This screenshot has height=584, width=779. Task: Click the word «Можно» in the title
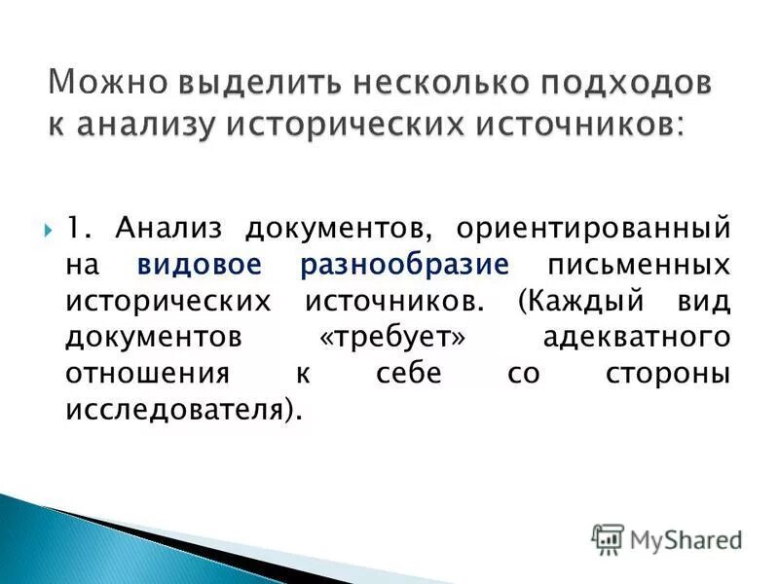click(x=109, y=84)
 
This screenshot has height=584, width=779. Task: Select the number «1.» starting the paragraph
click(x=80, y=229)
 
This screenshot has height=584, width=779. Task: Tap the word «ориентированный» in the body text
click(x=592, y=229)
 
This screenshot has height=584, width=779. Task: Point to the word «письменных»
click(x=639, y=265)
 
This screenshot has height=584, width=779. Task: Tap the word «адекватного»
click(x=635, y=337)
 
